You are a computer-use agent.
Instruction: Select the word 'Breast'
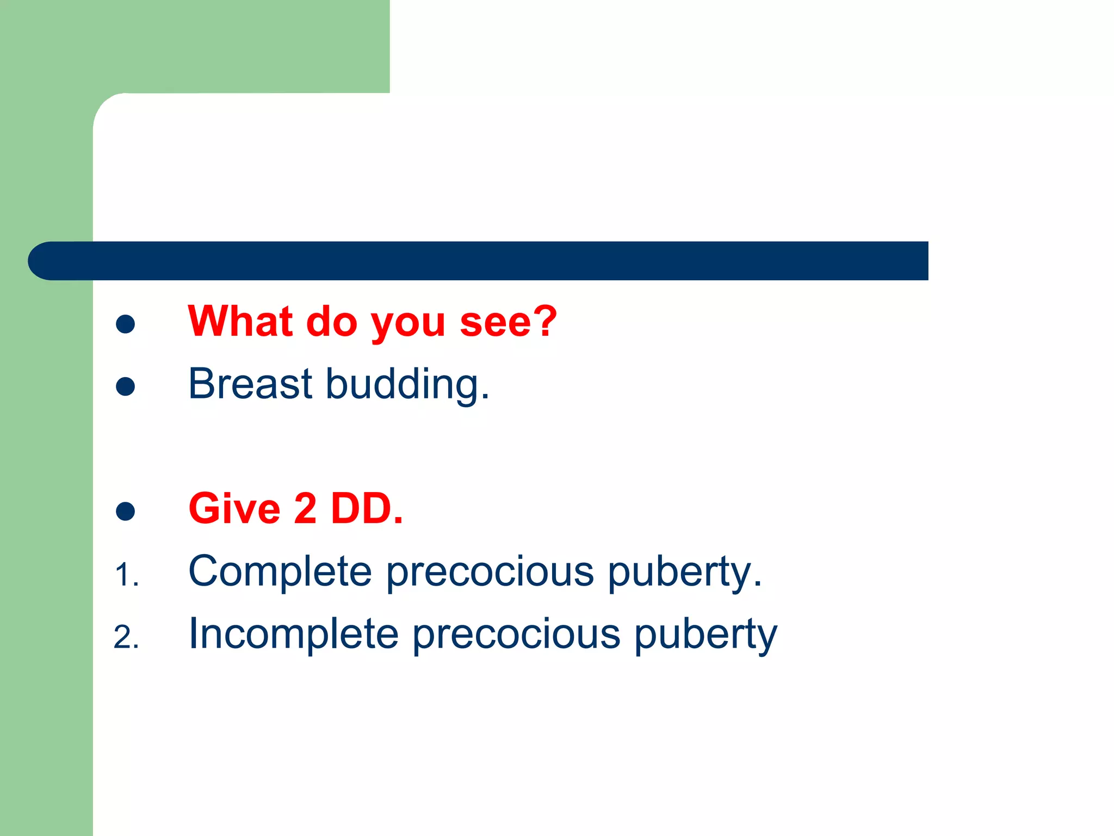click(x=250, y=384)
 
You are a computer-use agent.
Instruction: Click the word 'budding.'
click(x=407, y=385)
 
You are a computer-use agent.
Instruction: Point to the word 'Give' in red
click(x=234, y=508)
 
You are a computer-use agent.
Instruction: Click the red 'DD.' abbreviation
click(x=367, y=508)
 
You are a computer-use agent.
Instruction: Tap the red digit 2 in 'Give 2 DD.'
click(x=305, y=508)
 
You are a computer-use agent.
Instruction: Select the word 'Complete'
click(x=280, y=571)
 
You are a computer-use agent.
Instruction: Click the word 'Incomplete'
click(x=293, y=634)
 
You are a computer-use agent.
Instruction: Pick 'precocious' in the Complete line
click(x=490, y=571)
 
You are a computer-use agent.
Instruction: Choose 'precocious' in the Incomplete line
click(x=516, y=634)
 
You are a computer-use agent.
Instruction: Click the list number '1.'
click(x=127, y=575)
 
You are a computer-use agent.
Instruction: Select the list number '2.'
click(x=126, y=637)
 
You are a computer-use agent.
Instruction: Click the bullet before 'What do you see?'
click(x=126, y=324)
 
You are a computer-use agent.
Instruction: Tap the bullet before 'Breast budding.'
click(x=126, y=386)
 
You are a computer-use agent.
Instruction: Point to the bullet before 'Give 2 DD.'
click(x=126, y=511)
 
